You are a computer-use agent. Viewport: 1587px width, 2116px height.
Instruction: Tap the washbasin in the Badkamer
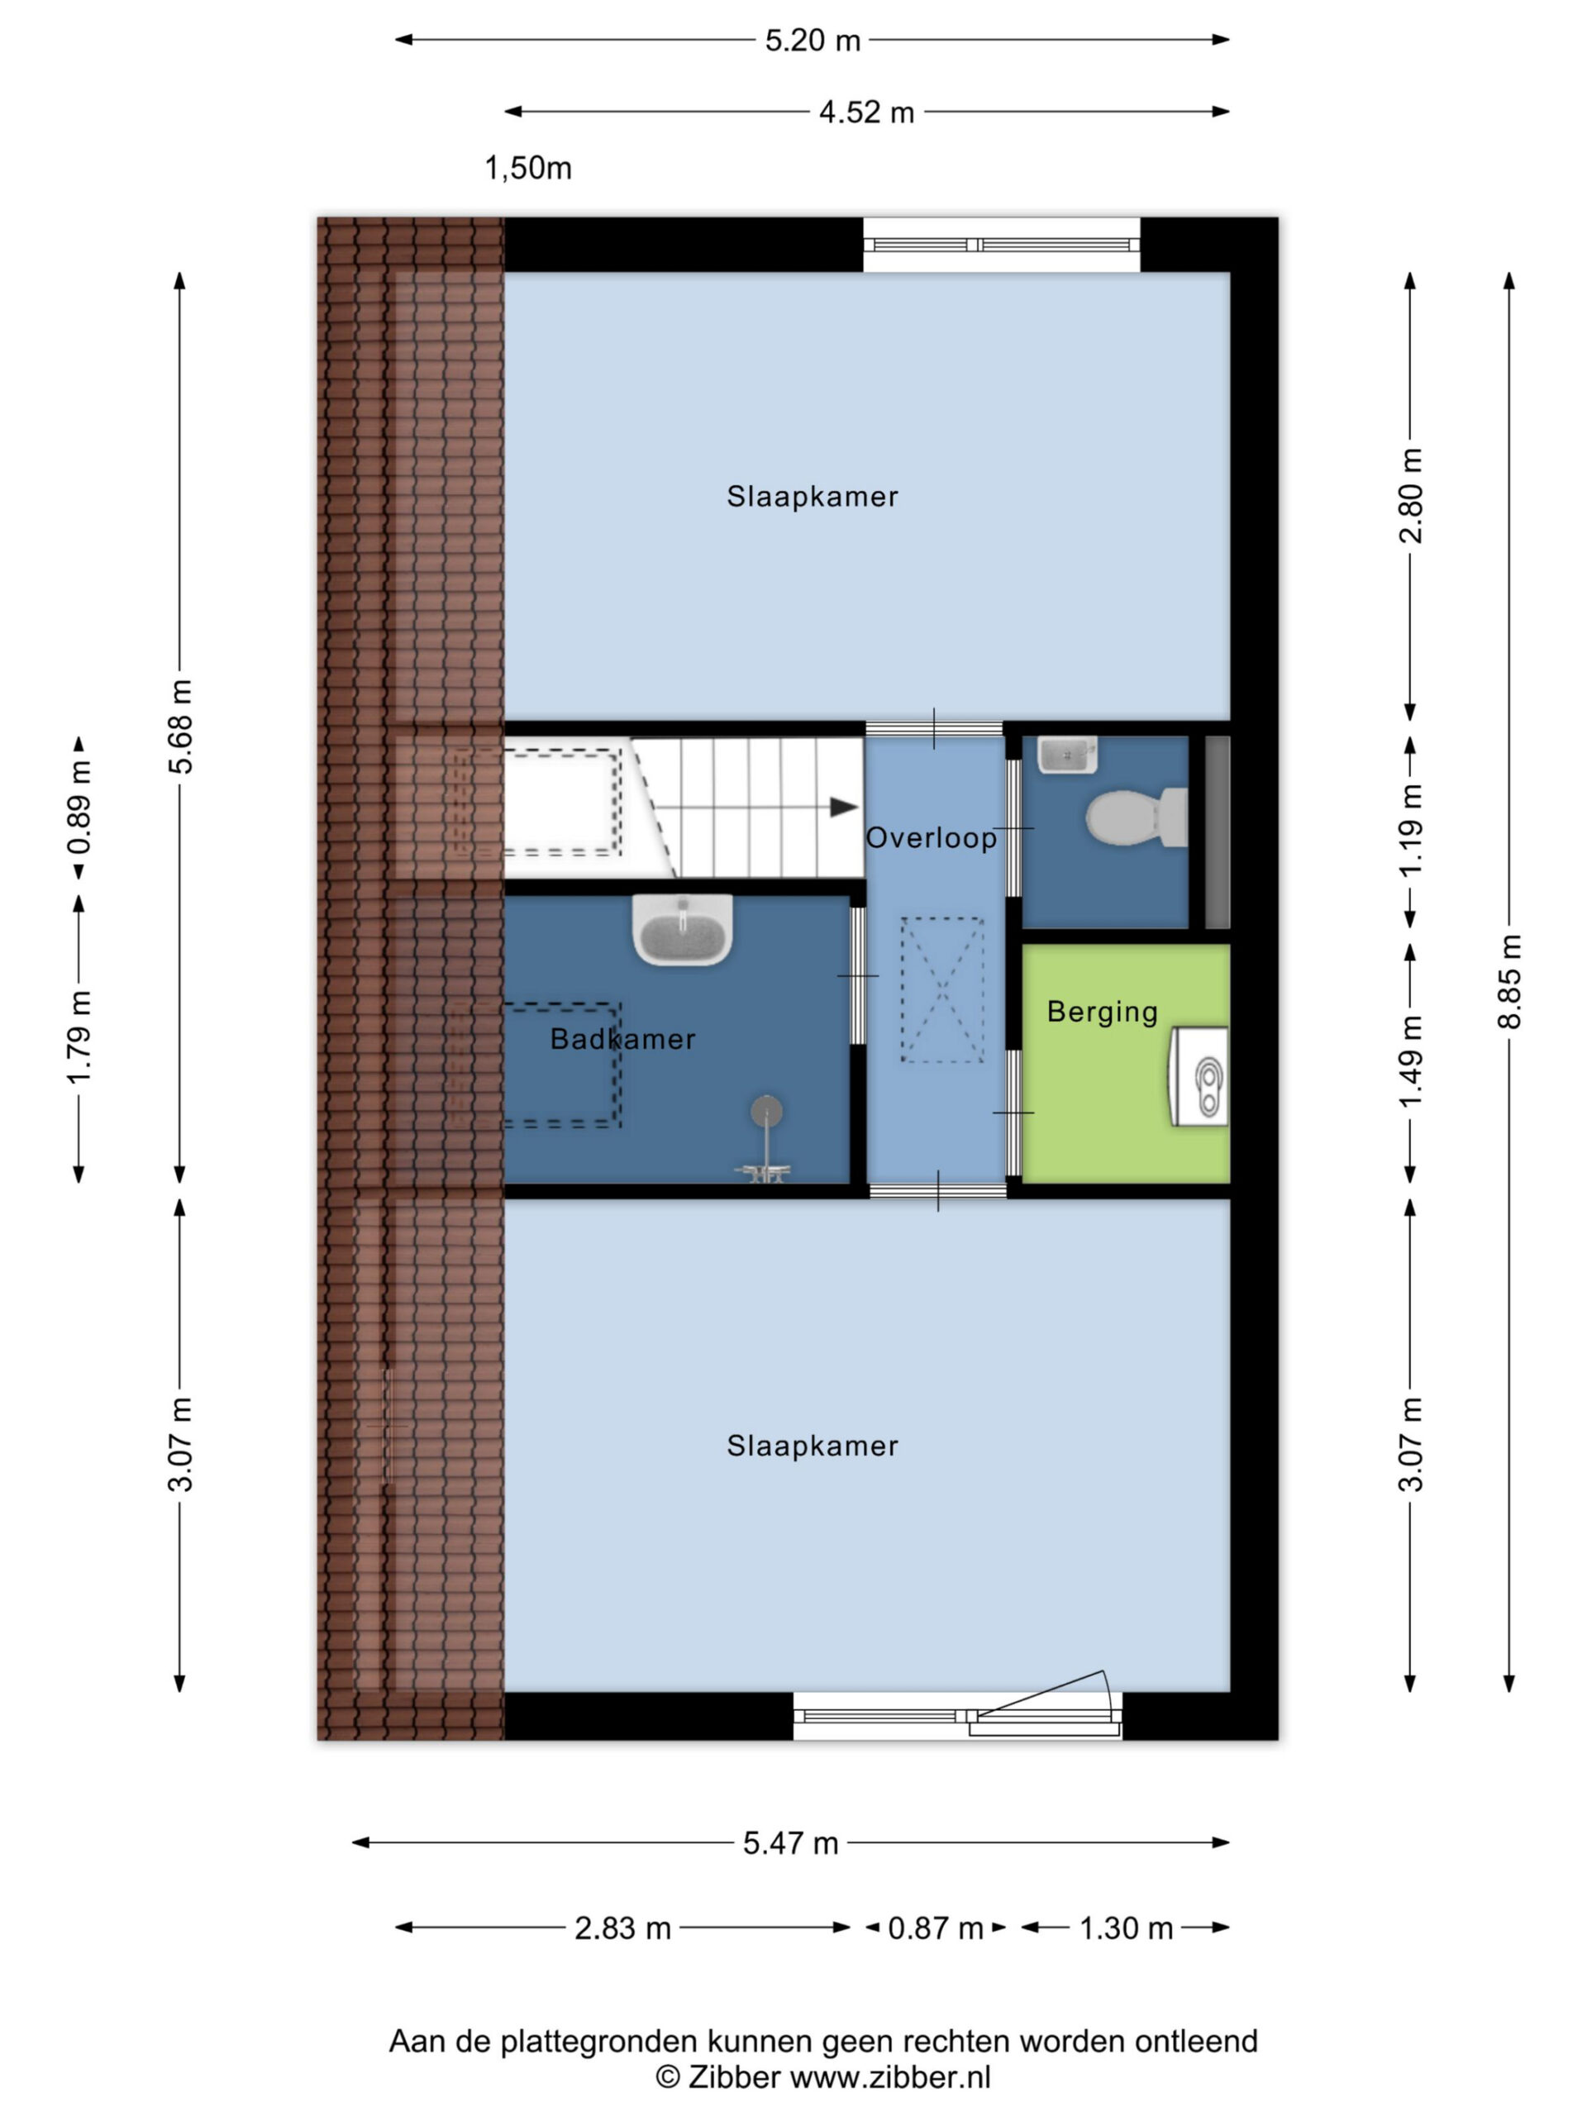[682, 929]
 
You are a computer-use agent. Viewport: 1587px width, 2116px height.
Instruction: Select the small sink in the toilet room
[1066, 755]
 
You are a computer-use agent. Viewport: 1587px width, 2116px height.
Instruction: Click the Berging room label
[1102, 1012]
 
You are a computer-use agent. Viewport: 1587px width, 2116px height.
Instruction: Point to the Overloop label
[931, 838]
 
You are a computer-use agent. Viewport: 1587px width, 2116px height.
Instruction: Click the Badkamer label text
[622, 1039]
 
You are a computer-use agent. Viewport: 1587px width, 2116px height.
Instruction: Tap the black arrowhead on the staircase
[843, 808]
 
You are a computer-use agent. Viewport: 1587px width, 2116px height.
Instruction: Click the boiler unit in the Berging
[1199, 1077]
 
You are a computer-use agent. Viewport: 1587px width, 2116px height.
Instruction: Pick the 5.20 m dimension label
[813, 41]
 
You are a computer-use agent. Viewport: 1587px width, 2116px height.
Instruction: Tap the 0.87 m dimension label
[935, 1928]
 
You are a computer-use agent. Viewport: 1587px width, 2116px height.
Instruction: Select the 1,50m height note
[528, 169]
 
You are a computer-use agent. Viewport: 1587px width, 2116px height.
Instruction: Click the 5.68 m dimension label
[180, 726]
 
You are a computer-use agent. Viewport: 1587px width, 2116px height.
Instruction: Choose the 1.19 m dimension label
[1411, 829]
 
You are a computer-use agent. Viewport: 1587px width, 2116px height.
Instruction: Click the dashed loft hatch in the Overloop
[942, 990]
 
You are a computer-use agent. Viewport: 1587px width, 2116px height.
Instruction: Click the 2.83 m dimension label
[622, 1928]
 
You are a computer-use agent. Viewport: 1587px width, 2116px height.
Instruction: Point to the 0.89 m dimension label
[79, 807]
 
